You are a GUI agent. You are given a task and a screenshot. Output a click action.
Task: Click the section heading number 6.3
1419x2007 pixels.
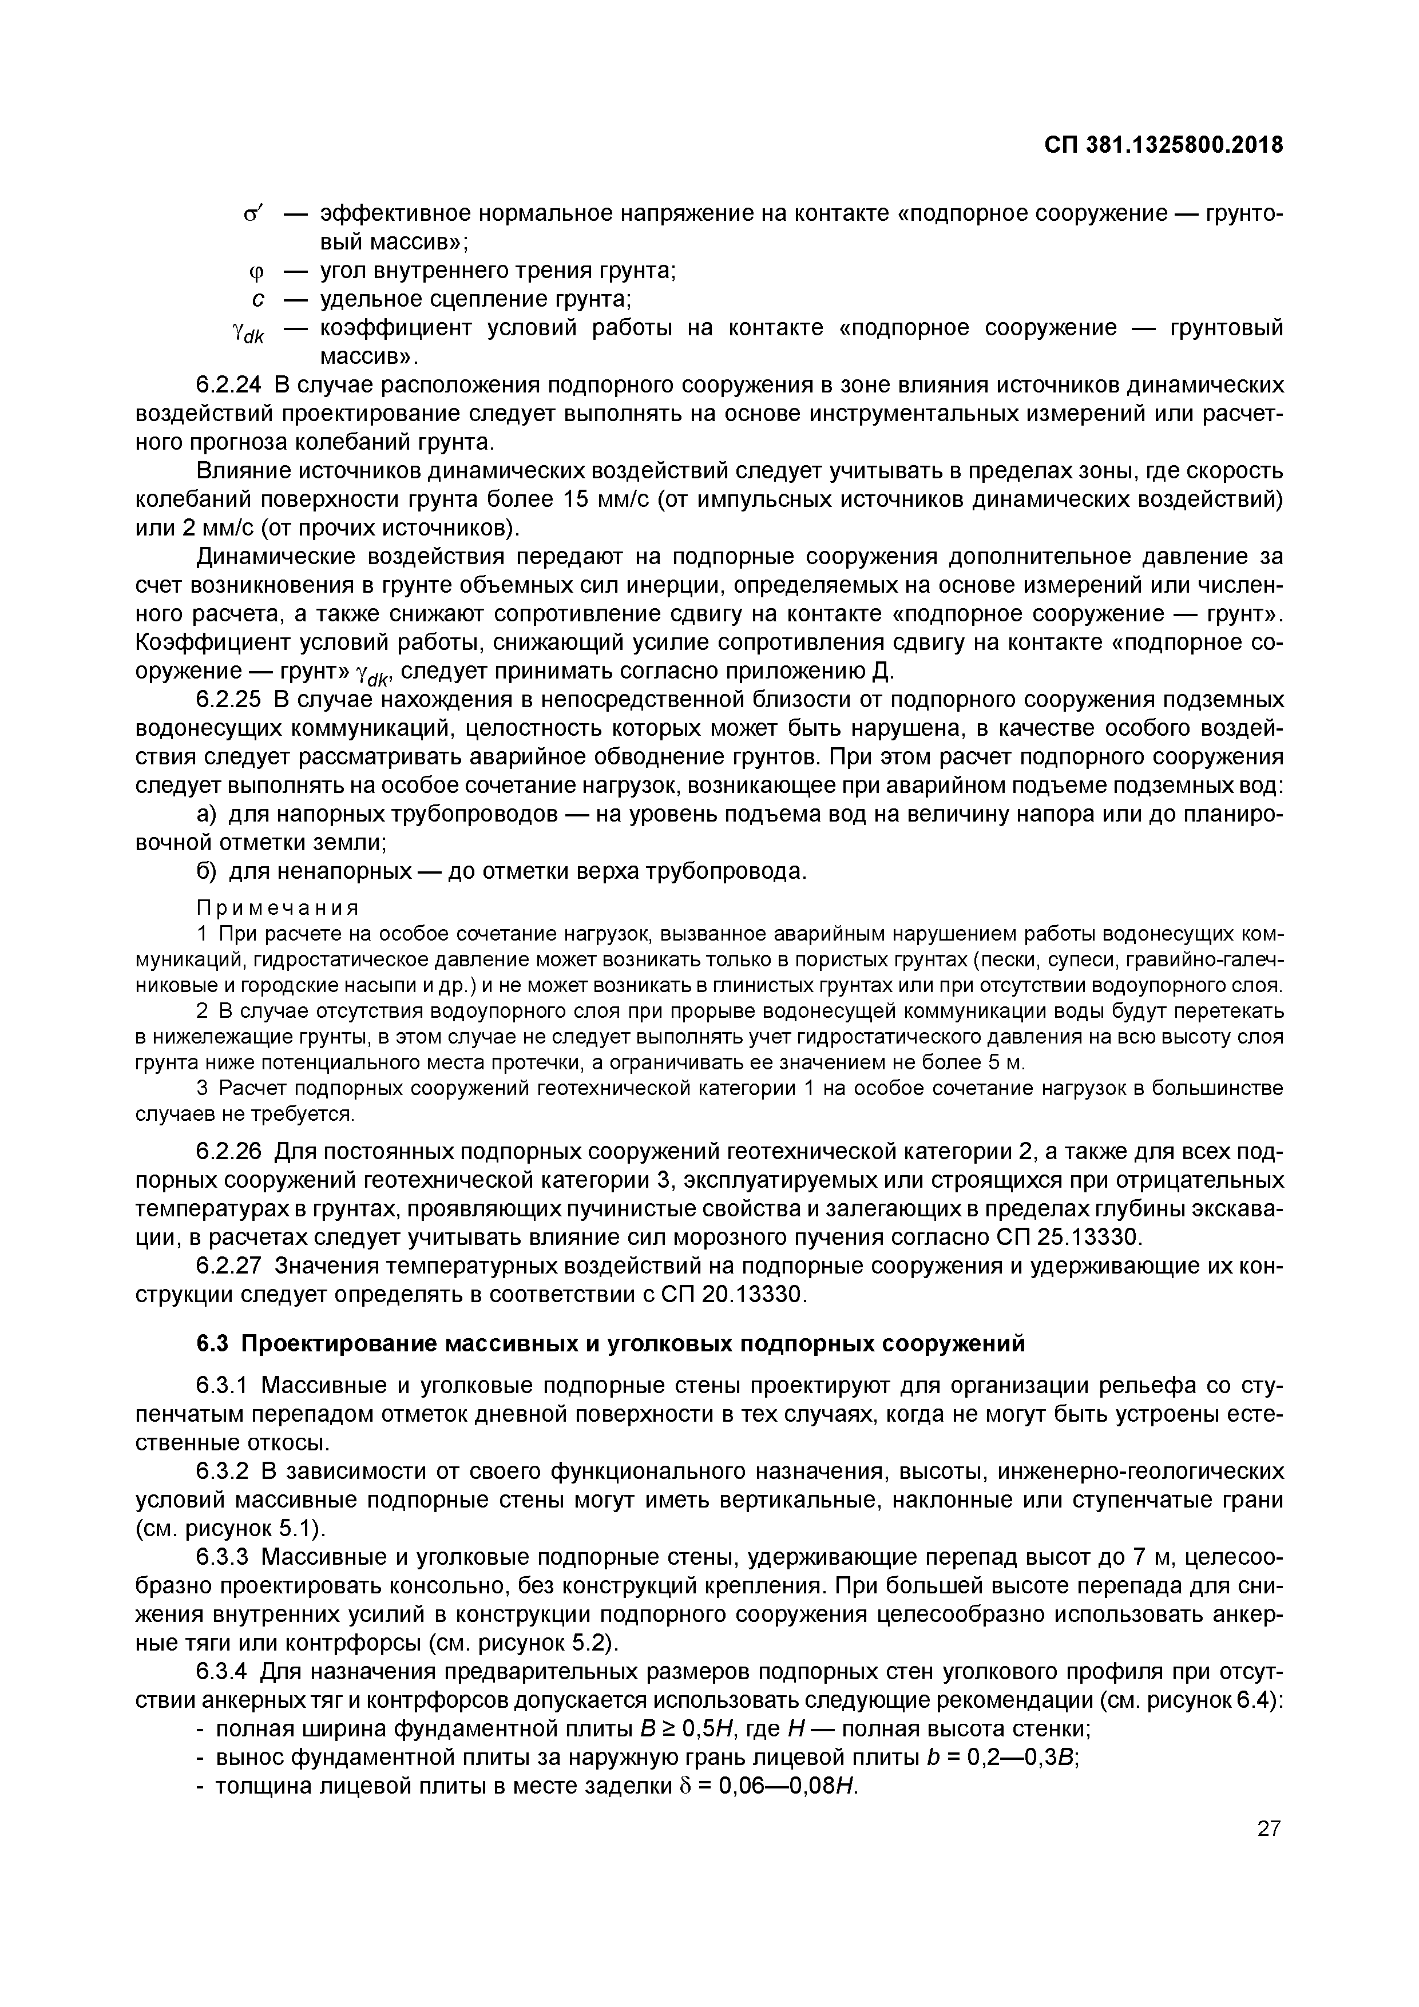point(212,1343)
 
